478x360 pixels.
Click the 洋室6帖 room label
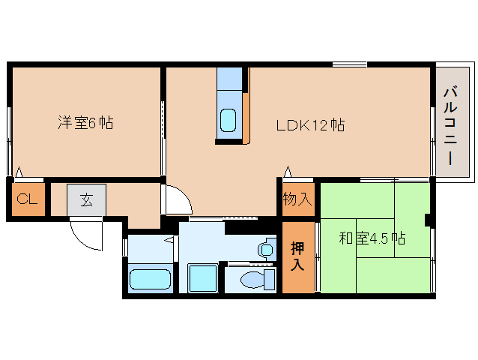85,123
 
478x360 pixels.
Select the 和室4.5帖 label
372,239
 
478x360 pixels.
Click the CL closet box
27,200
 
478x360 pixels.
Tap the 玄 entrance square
86,200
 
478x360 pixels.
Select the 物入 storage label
297,199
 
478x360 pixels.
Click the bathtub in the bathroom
150,280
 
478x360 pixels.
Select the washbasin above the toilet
265,248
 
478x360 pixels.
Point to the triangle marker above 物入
287,172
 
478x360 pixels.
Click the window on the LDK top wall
349,65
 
